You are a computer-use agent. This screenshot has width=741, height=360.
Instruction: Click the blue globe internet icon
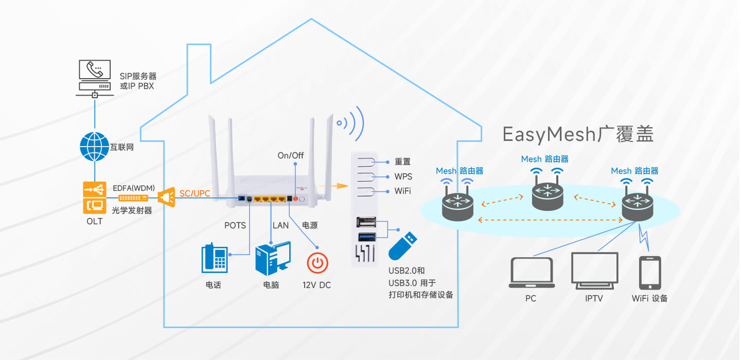[x=94, y=147]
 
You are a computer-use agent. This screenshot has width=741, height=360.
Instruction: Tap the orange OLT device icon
[x=95, y=197]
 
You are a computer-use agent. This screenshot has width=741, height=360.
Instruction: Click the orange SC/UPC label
[x=195, y=193]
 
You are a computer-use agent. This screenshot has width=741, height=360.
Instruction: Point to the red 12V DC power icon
[x=317, y=263]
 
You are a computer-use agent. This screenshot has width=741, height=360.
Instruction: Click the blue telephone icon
[x=215, y=258]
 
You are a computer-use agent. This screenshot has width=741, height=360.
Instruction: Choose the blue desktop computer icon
[x=273, y=259]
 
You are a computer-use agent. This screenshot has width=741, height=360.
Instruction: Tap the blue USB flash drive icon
[x=402, y=246]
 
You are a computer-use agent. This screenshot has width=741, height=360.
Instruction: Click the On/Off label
[x=290, y=155]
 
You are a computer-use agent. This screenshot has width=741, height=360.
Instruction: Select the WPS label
[x=403, y=176]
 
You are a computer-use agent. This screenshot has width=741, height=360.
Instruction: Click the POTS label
[x=235, y=225]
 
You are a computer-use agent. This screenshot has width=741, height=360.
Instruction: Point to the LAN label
[x=280, y=225]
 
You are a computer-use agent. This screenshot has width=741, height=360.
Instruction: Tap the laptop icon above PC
[x=531, y=273]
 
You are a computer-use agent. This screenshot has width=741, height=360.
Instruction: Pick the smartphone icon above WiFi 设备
[x=650, y=273]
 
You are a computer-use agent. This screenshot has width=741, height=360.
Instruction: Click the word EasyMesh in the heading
[x=549, y=134]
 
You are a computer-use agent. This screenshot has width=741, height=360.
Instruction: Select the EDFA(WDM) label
[x=134, y=188]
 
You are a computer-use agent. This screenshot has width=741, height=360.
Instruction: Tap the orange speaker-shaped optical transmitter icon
[x=166, y=197]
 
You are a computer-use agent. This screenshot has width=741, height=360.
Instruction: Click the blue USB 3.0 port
[x=367, y=237]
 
